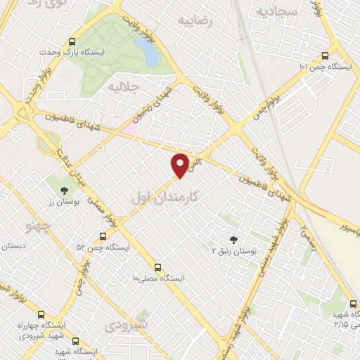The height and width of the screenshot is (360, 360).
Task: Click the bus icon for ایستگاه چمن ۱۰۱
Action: tap(324, 56)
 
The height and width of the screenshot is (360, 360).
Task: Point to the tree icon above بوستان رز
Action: tap(64, 189)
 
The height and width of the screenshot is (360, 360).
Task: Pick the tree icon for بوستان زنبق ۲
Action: tap(233, 240)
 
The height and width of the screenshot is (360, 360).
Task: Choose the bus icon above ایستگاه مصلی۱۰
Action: tap(157, 267)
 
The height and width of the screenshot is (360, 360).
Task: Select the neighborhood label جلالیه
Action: tap(121, 86)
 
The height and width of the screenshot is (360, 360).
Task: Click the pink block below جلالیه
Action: tap(129, 129)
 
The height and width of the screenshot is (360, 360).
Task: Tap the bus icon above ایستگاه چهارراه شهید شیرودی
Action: tap(41, 314)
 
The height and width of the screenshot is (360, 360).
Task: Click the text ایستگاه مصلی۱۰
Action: tap(158, 278)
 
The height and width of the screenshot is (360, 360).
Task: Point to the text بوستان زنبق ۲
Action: tap(235, 250)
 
